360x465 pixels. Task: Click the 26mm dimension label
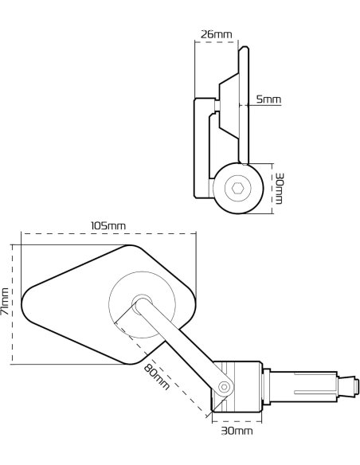[x=216, y=34]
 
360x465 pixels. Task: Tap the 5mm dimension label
[x=268, y=99]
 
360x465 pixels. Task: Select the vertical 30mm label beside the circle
[x=279, y=189]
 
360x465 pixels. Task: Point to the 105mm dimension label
[x=108, y=225]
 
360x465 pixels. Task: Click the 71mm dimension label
[x=5, y=301]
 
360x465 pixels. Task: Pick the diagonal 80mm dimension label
[x=157, y=377]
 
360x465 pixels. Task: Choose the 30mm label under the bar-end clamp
[x=237, y=431]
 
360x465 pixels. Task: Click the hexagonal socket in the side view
[x=238, y=188]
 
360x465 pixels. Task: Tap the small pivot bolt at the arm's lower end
[x=225, y=387]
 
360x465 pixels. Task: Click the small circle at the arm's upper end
[x=142, y=303]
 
